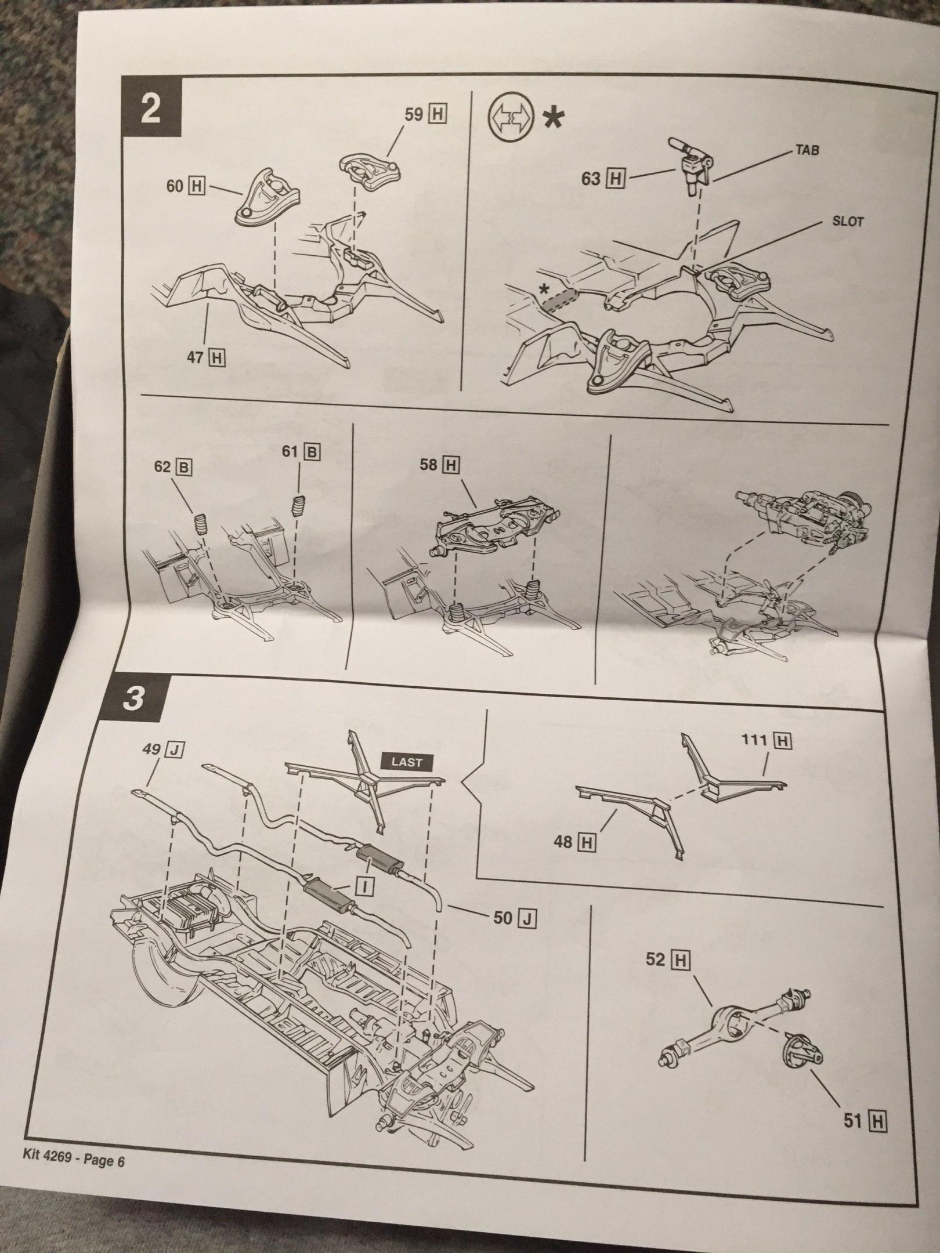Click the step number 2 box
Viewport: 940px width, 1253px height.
coord(151,110)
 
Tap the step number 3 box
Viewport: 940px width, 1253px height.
coord(134,698)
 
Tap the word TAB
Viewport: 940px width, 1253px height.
coord(807,150)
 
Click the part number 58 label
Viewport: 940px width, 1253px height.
coord(439,464)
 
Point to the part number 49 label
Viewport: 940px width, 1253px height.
coord(164,750)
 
